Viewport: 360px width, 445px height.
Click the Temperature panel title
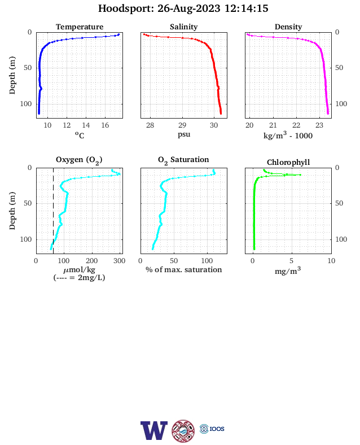click(x=80, y=27)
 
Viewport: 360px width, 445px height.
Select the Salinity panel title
click(x=184, y=27)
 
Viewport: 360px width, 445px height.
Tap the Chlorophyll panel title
click(x=288, y=162)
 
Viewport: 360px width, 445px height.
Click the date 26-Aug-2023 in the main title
click(x=189, y=8)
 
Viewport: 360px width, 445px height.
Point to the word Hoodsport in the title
click(x=125, y=8)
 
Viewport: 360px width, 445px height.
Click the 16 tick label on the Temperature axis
click(x=105, y=125)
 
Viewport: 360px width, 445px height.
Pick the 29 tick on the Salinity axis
click(x=182, y=125)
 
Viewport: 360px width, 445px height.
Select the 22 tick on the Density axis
click(x=296, y=125)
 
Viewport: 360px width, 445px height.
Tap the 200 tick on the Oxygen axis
click(x=92, y=261)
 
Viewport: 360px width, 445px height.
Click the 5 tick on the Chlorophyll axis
click(x=291, y=261)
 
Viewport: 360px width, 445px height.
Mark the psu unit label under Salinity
click(x=184, y=134)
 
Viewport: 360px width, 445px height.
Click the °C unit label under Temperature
click(x=80, y=135)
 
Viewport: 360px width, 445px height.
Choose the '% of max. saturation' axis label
click(x=184, y=269)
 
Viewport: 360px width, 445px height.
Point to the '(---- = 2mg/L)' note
click(x=79, y=277)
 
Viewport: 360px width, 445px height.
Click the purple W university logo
click(x=154, y=430)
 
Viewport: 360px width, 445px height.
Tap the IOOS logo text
click(x=217, y=429)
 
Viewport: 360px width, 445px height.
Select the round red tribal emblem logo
click(x=183, y=431)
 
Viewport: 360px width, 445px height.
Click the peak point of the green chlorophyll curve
click(x=300, y=175)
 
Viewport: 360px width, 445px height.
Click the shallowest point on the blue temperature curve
click(x=118, y=34)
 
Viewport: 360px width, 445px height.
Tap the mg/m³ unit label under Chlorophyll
click(x=288, y=271)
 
